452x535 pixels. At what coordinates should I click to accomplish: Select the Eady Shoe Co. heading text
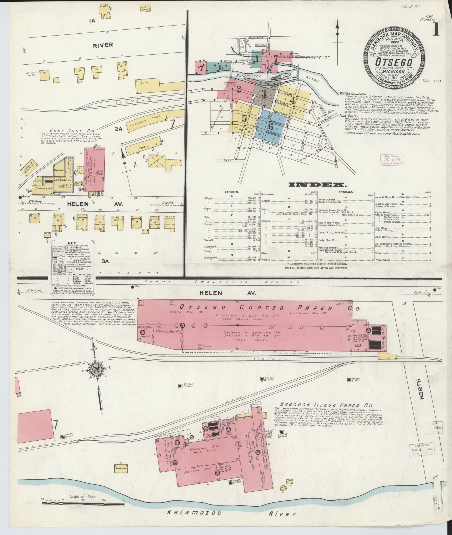pos(72,130)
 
